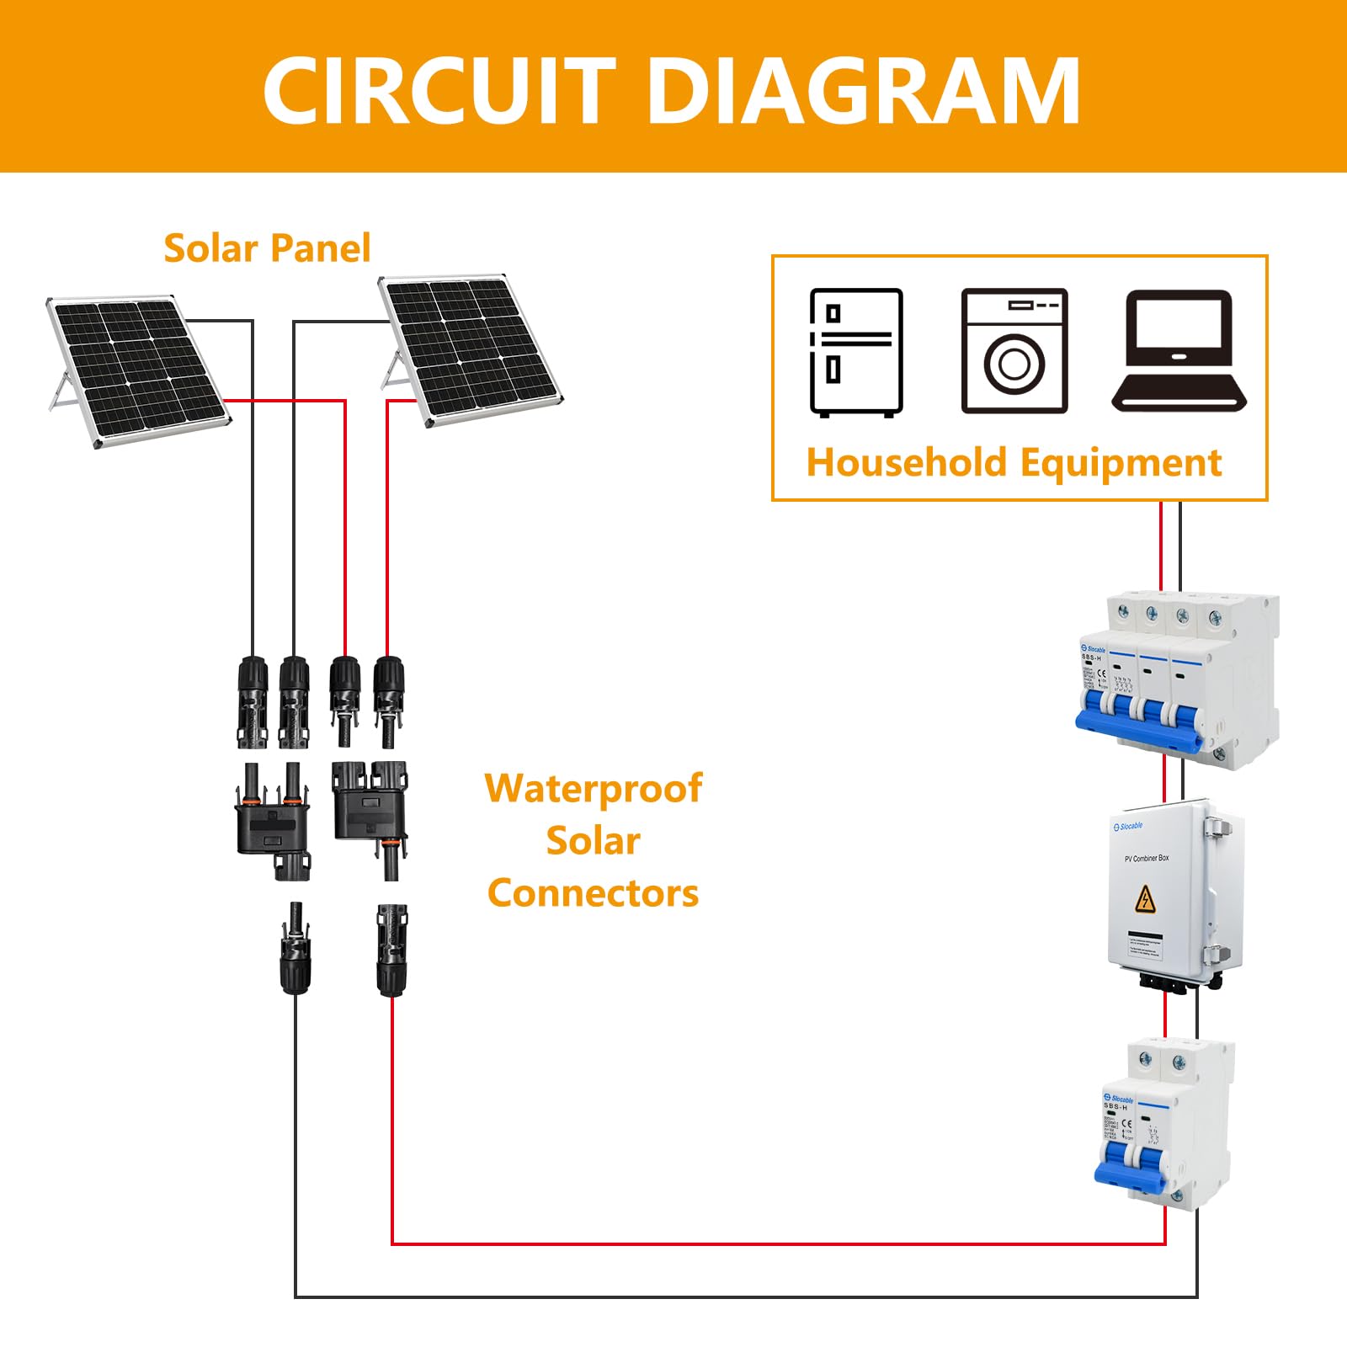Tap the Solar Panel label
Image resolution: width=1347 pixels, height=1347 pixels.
tap(267, 248)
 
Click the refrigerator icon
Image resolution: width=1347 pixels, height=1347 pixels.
tap(856, 352)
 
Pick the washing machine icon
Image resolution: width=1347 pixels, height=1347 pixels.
tap(1014, 351)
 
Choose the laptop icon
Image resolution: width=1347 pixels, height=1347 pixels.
tap(1179, 351)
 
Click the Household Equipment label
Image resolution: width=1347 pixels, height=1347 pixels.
tap(1014, 463)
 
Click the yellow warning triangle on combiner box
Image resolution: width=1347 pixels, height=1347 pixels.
tap(1145, 899)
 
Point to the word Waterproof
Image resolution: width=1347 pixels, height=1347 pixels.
tap(593, 789)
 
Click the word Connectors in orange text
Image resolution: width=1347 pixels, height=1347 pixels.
tap(593, 893)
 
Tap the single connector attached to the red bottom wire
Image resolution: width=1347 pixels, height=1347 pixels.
tap(391, 950)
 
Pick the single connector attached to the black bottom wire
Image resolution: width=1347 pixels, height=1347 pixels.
tap(295, 950)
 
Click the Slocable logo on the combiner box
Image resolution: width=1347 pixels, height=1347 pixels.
tap(1128, 827)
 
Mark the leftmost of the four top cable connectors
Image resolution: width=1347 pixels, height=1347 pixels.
tap(252, 703)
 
